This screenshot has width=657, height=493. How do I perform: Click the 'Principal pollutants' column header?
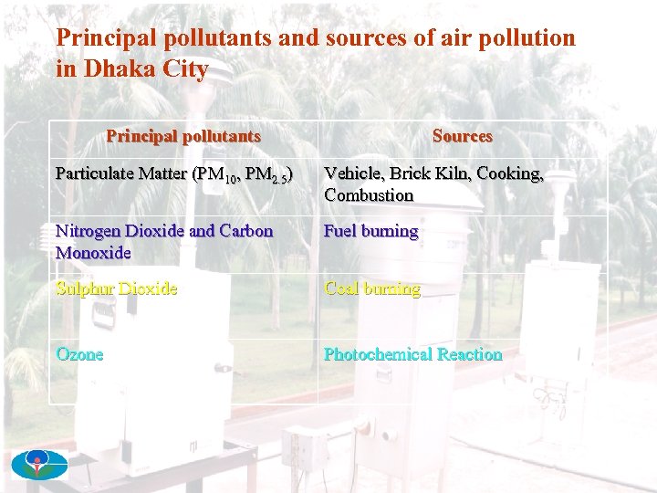pyautogui.click(x=183, y=136)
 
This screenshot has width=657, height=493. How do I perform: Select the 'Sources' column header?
pyautogui.click(x=462, y=136)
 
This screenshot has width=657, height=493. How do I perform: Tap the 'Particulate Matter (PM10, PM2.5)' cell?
pyautogui.click(x=174, y=173)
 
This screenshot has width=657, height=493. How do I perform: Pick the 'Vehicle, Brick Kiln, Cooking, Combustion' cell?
pyautogui.click(x=433, y=184)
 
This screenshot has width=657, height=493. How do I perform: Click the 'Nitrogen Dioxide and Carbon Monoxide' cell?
pyautogui.click(x=164, y=241)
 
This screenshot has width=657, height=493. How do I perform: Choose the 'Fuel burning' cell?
pyautogui.click(x=370, y=231)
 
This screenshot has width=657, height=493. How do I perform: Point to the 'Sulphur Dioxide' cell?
pyautogui.click(x=117, y=288)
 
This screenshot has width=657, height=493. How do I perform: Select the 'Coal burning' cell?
pyautogui.click(x=372, y=288)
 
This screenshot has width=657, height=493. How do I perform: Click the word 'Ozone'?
pyautogui.click(x=79, y=354)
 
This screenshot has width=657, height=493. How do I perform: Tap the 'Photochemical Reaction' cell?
pyautogui.click(x=412, y=354)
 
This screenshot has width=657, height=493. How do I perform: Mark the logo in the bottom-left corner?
pyautogui.click(x=39, y=465)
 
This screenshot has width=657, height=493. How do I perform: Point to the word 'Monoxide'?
pyautogui.click(x=93, y=252)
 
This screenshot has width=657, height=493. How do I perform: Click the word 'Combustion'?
pyautogui.click(x=369, y=194)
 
